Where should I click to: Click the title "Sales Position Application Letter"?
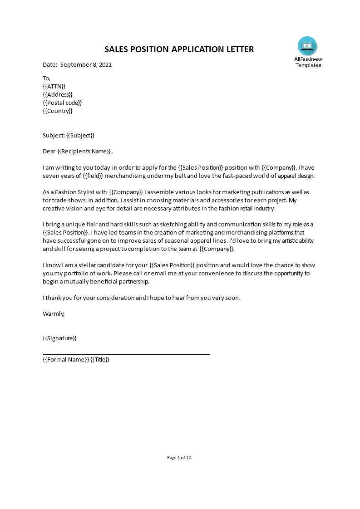click(x=179, y=49)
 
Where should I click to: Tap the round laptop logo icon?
click(x=307, y=46)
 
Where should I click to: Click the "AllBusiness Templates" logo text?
click(x=308, y=62)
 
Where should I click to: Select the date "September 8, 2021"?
click(x=86, y=64)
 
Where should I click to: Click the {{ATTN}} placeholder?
click(x=54, y=86)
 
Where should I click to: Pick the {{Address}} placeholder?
click(x=58, y=94)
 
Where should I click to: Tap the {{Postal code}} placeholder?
click(x=62, y=103)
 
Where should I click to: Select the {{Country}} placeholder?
click(x=58, y=111)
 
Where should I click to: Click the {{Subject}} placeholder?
click(x=80, y=135)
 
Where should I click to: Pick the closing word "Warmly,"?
click(x=54, y=313)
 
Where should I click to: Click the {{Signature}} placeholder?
click(x=59, y=338)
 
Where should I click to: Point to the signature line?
click(x=126, y=354)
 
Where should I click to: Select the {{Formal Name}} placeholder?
click(x=65, y=360)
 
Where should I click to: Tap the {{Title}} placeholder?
click(x=100, y=360)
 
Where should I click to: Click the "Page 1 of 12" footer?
click(x=179, y=458)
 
